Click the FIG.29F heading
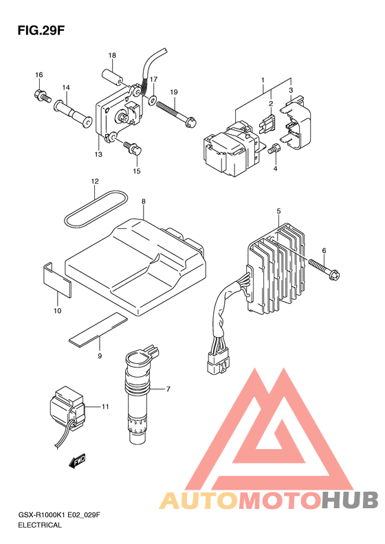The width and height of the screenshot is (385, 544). (41, 30)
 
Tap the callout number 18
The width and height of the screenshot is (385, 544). (111, 56)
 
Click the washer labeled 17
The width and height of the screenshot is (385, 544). (152, 101)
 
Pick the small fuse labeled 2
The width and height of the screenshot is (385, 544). (267, 124)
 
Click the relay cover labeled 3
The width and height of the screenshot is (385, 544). (296, 123)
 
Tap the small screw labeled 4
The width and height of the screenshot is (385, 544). (274, 149)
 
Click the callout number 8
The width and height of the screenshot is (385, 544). (143, 202)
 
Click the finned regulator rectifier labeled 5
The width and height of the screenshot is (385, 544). (276, 267)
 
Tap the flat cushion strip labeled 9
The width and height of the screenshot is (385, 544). (98, 329)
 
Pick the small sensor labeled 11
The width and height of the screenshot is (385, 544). (67, 410)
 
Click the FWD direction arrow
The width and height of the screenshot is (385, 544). (76, 461)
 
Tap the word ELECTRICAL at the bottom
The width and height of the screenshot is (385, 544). (40, 525)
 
